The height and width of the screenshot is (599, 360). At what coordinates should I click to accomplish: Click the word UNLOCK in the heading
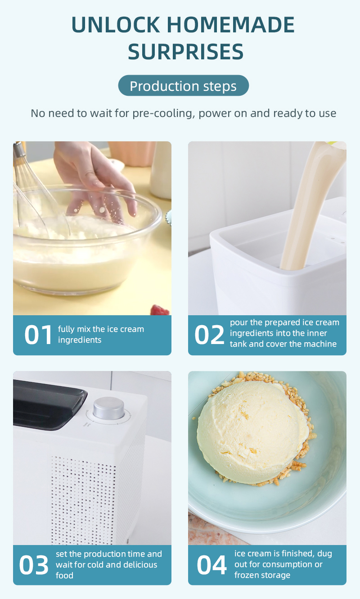pos(116,25)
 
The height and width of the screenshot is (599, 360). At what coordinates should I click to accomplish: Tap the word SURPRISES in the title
pos(185,52)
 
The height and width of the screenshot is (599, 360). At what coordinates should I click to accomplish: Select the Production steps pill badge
pos(183,85)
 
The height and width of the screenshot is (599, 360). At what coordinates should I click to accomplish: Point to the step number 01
pos(38,335)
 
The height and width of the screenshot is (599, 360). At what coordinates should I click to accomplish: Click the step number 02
pos(209,335)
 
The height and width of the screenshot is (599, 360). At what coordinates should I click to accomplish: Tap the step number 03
pos(34,565)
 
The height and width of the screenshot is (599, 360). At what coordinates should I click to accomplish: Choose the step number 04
pos(211,565)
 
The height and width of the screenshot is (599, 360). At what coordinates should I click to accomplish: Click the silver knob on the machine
pos(108,408)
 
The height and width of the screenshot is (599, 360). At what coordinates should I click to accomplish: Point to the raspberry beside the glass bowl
pos(160,310)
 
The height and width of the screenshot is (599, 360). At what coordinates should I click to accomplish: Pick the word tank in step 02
pos(238,344)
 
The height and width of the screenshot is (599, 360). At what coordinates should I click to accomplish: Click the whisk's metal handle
pos(19,149)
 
